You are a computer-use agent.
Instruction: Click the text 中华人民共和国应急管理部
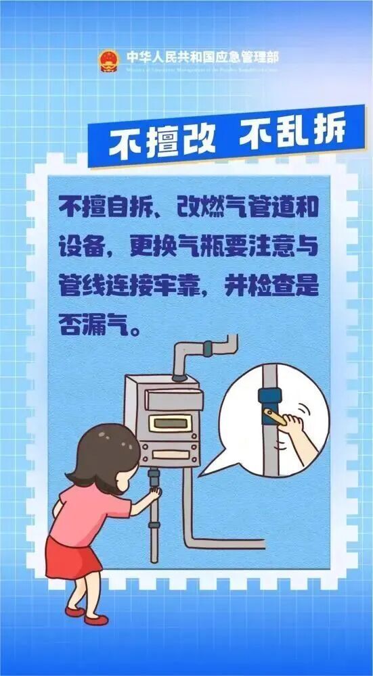click(201, 57)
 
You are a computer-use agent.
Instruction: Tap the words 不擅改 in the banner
click(162, 141)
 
